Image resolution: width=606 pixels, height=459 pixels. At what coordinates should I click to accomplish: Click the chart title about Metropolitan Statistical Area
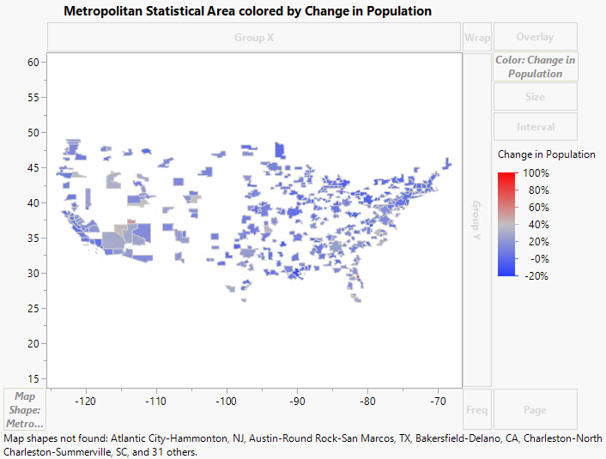click(x=247, y=11)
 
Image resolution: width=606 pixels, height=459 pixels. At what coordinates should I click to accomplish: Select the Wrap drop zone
click(x=476, y=38)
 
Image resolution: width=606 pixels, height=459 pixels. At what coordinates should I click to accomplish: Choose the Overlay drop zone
click(x=535, y=38)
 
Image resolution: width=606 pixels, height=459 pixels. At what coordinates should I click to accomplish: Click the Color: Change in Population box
click(x=535, y=67)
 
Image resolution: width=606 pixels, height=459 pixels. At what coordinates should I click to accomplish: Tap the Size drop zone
click(x=535, y=97)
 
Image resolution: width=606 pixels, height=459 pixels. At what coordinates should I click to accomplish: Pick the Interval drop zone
click(x=535, y=127)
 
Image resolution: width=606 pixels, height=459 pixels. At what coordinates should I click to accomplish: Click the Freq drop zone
click(x=476, y=410)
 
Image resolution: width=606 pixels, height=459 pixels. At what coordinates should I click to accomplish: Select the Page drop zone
click(x=535, y=410)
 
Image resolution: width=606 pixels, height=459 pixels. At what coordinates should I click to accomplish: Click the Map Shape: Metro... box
click(x=25, y=410)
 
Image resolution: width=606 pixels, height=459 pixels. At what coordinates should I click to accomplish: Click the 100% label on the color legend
click(x=535, y=173)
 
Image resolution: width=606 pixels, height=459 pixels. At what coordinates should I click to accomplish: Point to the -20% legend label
click(x=535, y=276)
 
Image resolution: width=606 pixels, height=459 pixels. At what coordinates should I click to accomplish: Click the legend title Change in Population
click(x=546, y=154)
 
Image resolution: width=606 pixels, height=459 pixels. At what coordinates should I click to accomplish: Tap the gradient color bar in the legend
click(x=506, y=223)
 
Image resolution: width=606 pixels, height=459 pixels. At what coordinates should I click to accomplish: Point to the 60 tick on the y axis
click(x=34, y=63)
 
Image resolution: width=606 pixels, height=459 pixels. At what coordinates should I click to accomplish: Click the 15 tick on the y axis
click(x=34, y=378)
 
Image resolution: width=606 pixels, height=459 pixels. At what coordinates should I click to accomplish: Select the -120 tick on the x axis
click(x=85, y=401)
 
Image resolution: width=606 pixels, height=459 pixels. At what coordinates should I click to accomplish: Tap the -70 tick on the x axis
click(x=438, y=401)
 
